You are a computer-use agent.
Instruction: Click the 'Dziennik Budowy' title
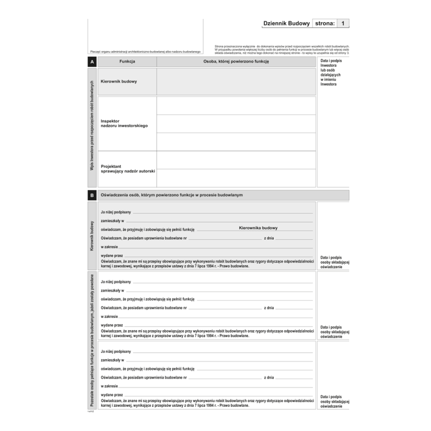[286, 23]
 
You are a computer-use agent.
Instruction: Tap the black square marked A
[92, 62]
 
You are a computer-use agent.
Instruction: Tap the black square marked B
[92, 195]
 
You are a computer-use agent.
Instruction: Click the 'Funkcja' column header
[127, 62]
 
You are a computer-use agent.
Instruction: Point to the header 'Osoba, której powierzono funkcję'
[236, 62]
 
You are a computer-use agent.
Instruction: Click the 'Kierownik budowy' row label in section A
[119, 82]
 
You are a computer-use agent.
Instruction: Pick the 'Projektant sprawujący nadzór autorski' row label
[128, 168]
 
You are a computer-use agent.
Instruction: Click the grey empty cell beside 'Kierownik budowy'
[236, 82]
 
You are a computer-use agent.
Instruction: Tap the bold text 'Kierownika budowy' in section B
[258, 228]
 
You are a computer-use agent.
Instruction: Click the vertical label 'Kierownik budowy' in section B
[92, 236]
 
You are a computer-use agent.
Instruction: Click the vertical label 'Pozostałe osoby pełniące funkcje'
[92, 340]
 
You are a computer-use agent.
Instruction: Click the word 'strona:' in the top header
[324, 23]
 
